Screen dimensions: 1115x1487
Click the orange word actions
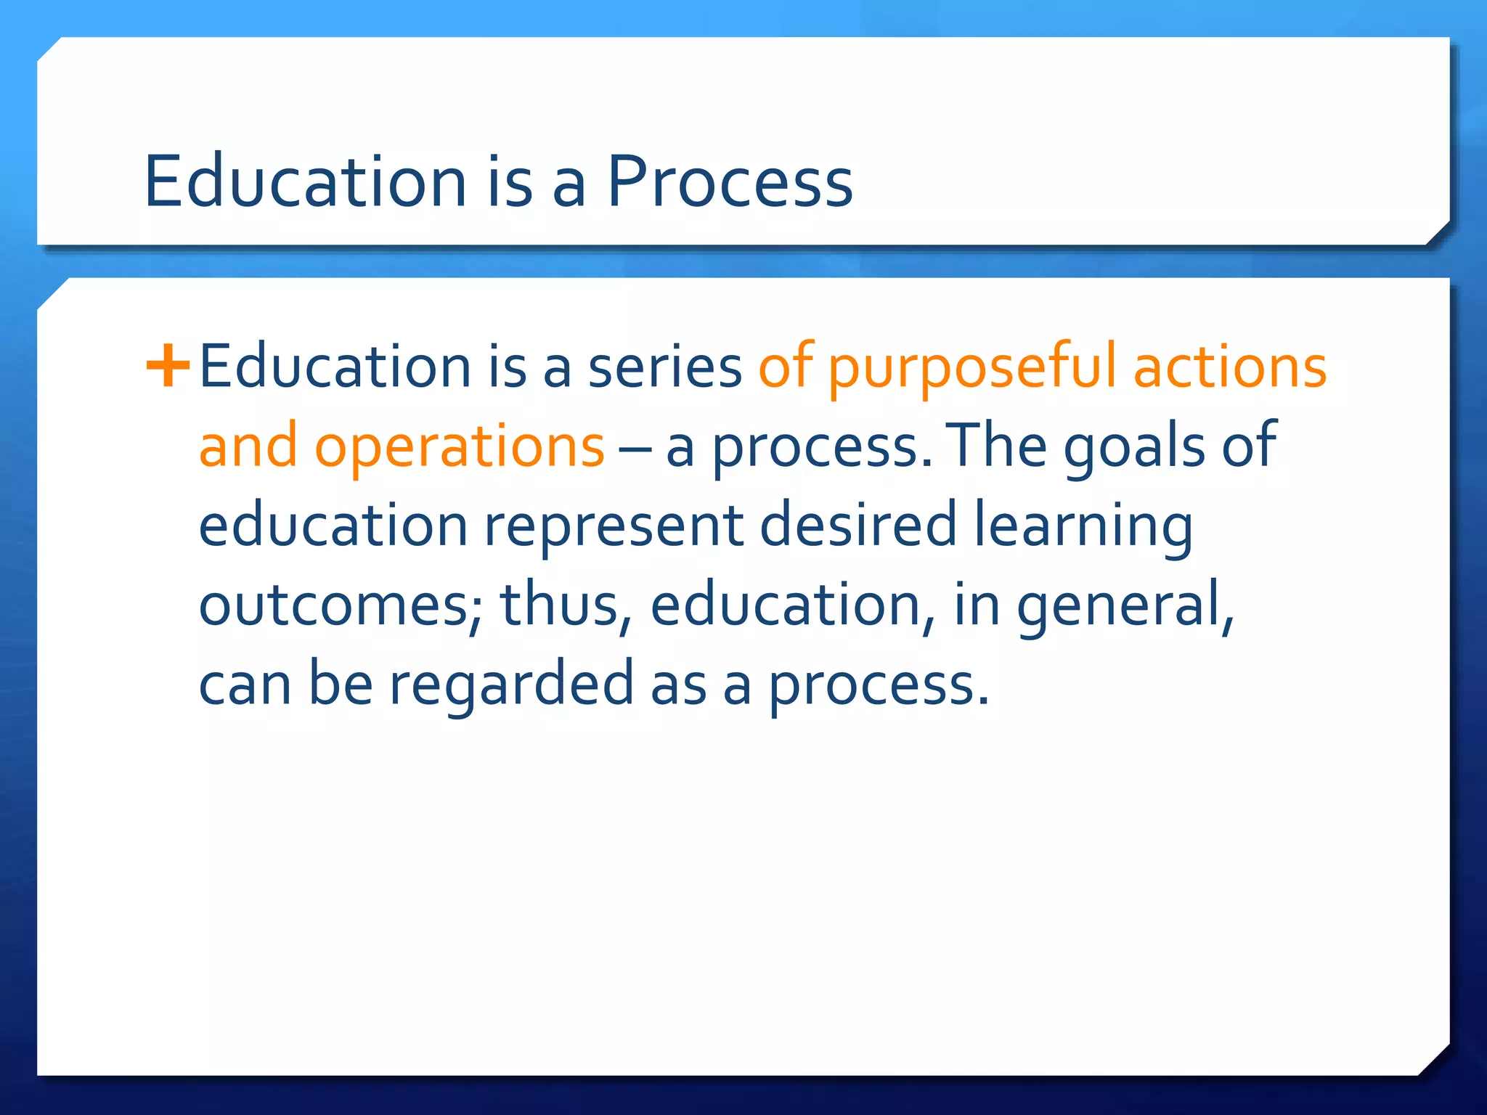(x=1230, y=367)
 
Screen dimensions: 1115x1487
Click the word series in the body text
(x=664, y=367)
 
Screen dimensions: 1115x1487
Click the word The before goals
(x=999, y=446)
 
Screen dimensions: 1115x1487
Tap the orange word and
(x=248, y=446)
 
